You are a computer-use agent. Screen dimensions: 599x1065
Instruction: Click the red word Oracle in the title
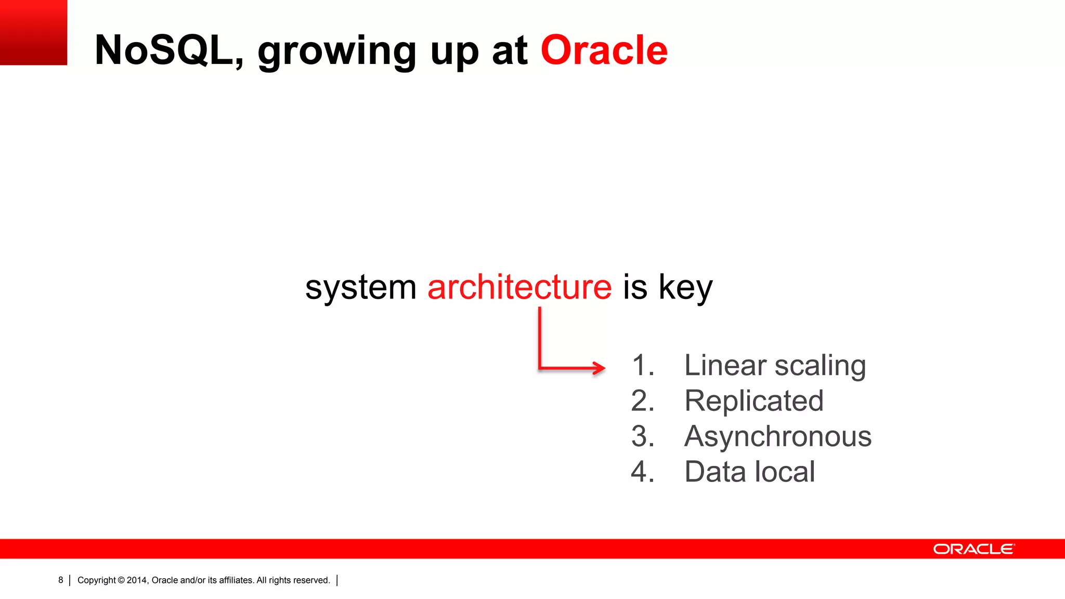(604, 50)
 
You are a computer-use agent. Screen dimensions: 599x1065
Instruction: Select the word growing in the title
(336, 52)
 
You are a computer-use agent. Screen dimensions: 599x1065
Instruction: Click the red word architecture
(519, 287)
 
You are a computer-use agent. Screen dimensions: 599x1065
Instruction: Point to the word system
(360, 288)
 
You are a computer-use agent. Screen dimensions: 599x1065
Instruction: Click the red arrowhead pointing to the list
(599, 368)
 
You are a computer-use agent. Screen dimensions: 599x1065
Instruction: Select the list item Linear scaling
(774, 366)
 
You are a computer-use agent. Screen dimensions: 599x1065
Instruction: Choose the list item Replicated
(754, 401)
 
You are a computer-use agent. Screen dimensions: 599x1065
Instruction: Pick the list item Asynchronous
(777, 436)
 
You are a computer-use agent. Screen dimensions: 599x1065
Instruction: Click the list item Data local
(749, 472)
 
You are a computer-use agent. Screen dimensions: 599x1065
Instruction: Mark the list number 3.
(642, 436)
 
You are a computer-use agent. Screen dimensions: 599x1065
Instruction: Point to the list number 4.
(642, 472)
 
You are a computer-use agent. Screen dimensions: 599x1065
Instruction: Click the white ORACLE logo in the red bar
(973, 549)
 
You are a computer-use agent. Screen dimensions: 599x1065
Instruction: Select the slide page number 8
(61, 580)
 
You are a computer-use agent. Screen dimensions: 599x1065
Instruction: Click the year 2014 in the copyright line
(137, 580)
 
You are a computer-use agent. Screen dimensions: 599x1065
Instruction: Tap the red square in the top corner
(33, 32)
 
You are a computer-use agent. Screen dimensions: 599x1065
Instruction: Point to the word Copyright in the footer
(97, 580)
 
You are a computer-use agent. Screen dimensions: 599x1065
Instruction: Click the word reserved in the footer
(313, 580)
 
